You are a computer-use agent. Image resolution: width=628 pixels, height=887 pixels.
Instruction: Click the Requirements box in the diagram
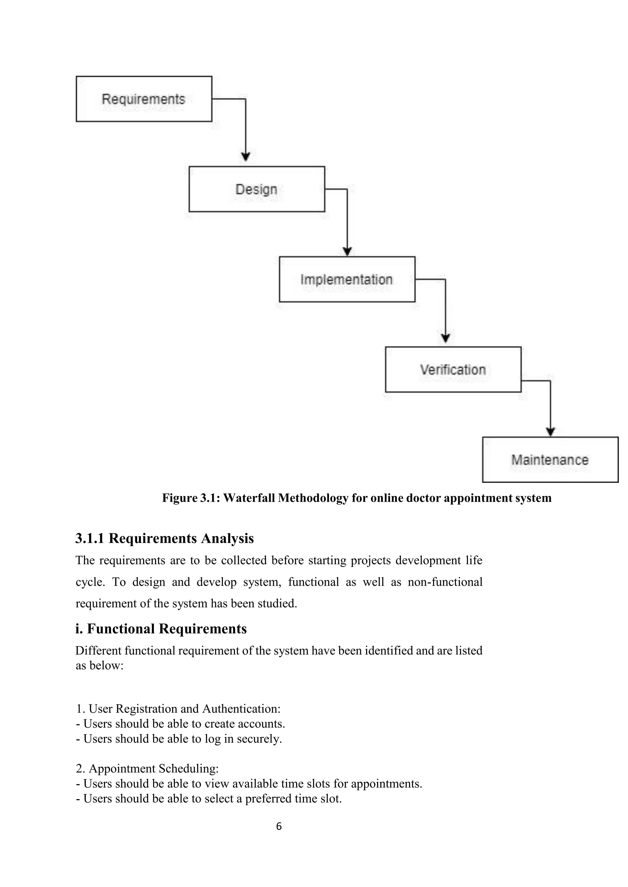pos(144,99)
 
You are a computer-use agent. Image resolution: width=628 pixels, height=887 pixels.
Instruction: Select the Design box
pos(256,189)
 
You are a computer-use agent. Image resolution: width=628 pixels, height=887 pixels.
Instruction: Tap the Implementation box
pos(347,279)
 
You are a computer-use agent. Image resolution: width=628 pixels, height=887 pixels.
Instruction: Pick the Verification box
pos(453,369)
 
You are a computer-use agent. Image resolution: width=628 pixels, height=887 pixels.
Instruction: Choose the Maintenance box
pos(550,459)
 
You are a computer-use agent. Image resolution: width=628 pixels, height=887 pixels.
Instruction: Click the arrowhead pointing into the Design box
pos(246,157)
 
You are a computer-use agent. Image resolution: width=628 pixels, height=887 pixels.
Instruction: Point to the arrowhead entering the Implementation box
pos(347,251)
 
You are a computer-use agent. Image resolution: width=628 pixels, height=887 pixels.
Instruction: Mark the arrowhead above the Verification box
pos(446,338)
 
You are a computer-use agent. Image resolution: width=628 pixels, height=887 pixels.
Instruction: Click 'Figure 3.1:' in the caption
pos(191,498)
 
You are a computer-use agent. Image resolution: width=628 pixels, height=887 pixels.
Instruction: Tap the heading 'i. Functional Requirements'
pos(161,629)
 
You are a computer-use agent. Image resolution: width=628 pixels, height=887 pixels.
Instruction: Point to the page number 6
pos(279,826)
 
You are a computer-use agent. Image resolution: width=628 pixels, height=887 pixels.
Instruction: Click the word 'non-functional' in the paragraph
pos(445,582)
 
